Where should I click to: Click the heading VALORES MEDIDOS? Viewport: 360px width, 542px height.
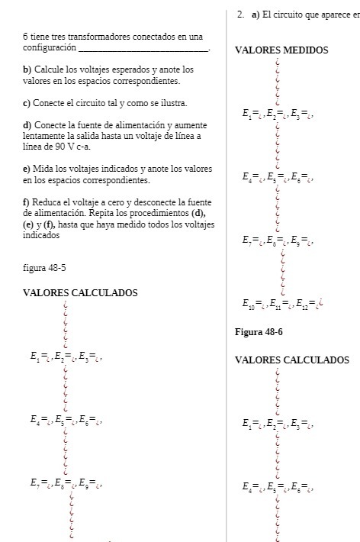(x=281, y=50)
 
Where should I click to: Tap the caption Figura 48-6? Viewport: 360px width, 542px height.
(x=259, y=332)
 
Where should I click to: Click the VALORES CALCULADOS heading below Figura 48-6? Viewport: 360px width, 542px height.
(x=292, y=360)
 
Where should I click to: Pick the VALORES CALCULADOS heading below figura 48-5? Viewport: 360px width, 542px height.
(x=80, y=292)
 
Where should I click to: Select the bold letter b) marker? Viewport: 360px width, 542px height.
(x=27, y=69)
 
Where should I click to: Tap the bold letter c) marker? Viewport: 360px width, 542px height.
(x=27, y=102)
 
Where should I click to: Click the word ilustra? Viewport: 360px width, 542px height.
(x=172, y=102)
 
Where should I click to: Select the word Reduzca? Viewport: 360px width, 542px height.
(x=50, y=202)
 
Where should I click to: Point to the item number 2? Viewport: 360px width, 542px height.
(x=240, y=15)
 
